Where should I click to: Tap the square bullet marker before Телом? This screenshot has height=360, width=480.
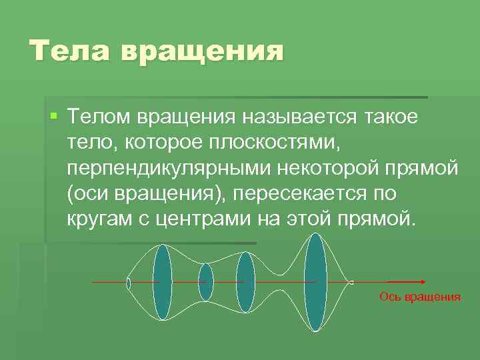(54, 117)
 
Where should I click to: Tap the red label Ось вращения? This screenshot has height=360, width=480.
(420, 297)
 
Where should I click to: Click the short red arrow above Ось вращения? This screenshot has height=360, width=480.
(406, 283)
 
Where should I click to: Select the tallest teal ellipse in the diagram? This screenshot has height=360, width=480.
(315, 283)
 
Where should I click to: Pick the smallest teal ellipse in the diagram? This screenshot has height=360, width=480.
(206, 283)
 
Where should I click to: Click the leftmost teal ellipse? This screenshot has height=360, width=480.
(163, 283)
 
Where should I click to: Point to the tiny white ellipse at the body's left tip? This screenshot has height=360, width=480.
(129, 283)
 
